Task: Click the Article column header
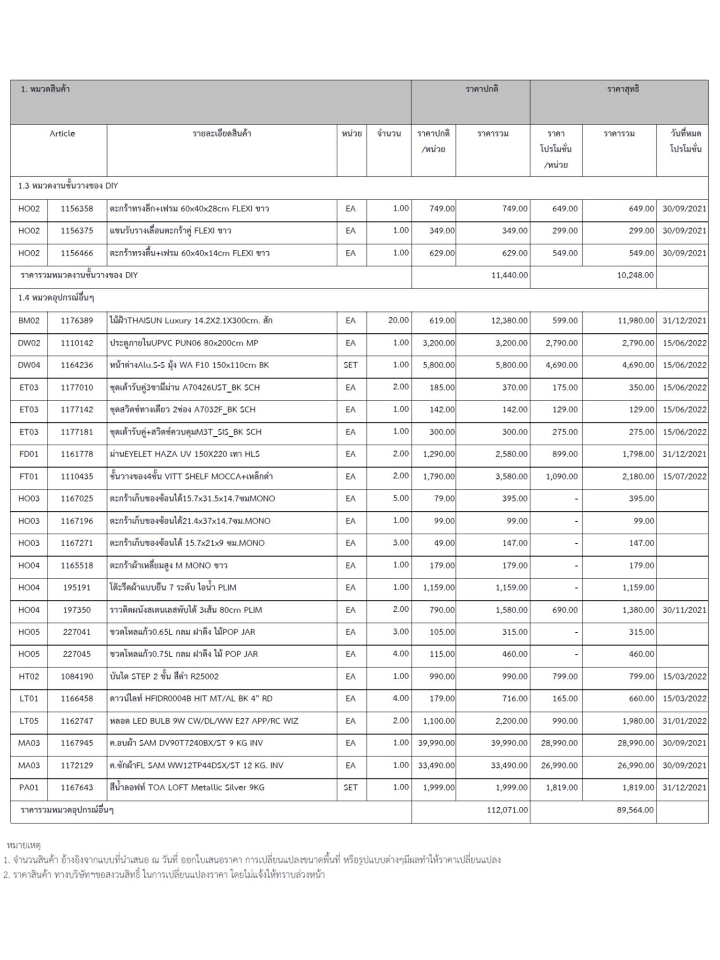click(62, 134)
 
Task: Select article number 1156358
click(77, 209)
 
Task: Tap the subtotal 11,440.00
click(509, 275)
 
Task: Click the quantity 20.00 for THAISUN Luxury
click(398, 320)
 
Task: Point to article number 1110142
click(77, 343)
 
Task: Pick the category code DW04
click(29, 365)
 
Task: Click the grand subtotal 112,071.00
click(507, 810)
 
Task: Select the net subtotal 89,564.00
click(635, 810)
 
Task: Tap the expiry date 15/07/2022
click(684, 476)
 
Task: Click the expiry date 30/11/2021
click(684, 610)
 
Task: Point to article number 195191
click(77, 587)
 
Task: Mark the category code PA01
click(29, 787)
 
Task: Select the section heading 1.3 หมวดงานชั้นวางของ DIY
click(68, 186)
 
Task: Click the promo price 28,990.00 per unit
click(559, 743)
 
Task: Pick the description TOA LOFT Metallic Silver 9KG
click(187, 787)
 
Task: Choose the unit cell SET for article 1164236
click(351, 365)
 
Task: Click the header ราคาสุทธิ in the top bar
click(623, 89)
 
